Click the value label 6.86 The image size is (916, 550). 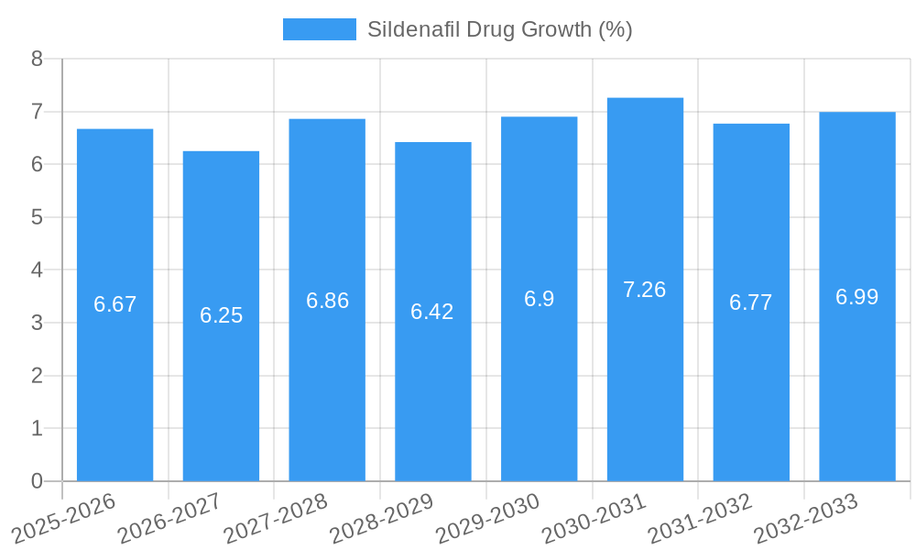pos(327,301)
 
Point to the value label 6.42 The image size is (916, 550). pos(432,312)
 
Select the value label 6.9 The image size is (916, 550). pos(539,299)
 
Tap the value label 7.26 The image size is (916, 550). pos(645,290)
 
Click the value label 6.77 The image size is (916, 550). pos(751,302)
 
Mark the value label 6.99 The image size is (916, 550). pos(856,297)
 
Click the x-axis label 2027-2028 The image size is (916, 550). pos(275,518)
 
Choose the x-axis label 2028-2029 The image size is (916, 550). pos(381,518)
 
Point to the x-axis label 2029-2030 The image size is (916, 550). pos(487,518)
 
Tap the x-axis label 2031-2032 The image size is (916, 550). pos(699,518)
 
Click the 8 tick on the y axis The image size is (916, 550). pos(37,59)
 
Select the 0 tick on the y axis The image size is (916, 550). pos(37,481)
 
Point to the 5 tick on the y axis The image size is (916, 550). pos(37,217)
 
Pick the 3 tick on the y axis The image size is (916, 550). pos(37,323)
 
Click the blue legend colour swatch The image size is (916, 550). pos(319,29)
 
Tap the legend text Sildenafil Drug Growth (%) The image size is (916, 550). pos(499,29)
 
